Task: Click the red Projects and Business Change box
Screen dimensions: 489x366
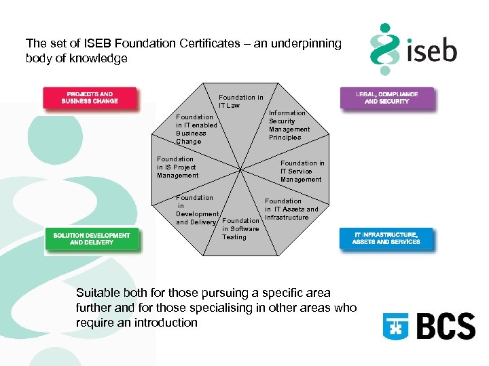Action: (x=90, y=98)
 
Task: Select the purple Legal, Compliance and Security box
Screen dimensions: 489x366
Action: (x=386, y=98)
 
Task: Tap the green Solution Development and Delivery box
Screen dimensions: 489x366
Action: (x=92, y=239)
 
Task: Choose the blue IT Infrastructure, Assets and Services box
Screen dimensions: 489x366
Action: (x=386, y=238)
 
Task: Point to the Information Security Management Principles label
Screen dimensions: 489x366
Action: (x=289, y=125)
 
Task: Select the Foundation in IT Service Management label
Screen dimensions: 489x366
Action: (x=302, y=171)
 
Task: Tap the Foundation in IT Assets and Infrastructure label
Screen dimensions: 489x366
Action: (x=291, y=209)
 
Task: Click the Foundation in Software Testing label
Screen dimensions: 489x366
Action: (x=240, y=229)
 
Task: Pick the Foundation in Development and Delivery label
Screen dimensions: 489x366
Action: (x=197, y=210)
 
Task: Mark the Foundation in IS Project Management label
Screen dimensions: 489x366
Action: (x=178, y=167)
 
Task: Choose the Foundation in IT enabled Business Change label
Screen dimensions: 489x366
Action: (x=196, y=129)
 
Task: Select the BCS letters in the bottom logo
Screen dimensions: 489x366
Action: (x=445, y=326)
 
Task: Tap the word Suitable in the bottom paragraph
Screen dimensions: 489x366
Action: (x=99, y=293)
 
